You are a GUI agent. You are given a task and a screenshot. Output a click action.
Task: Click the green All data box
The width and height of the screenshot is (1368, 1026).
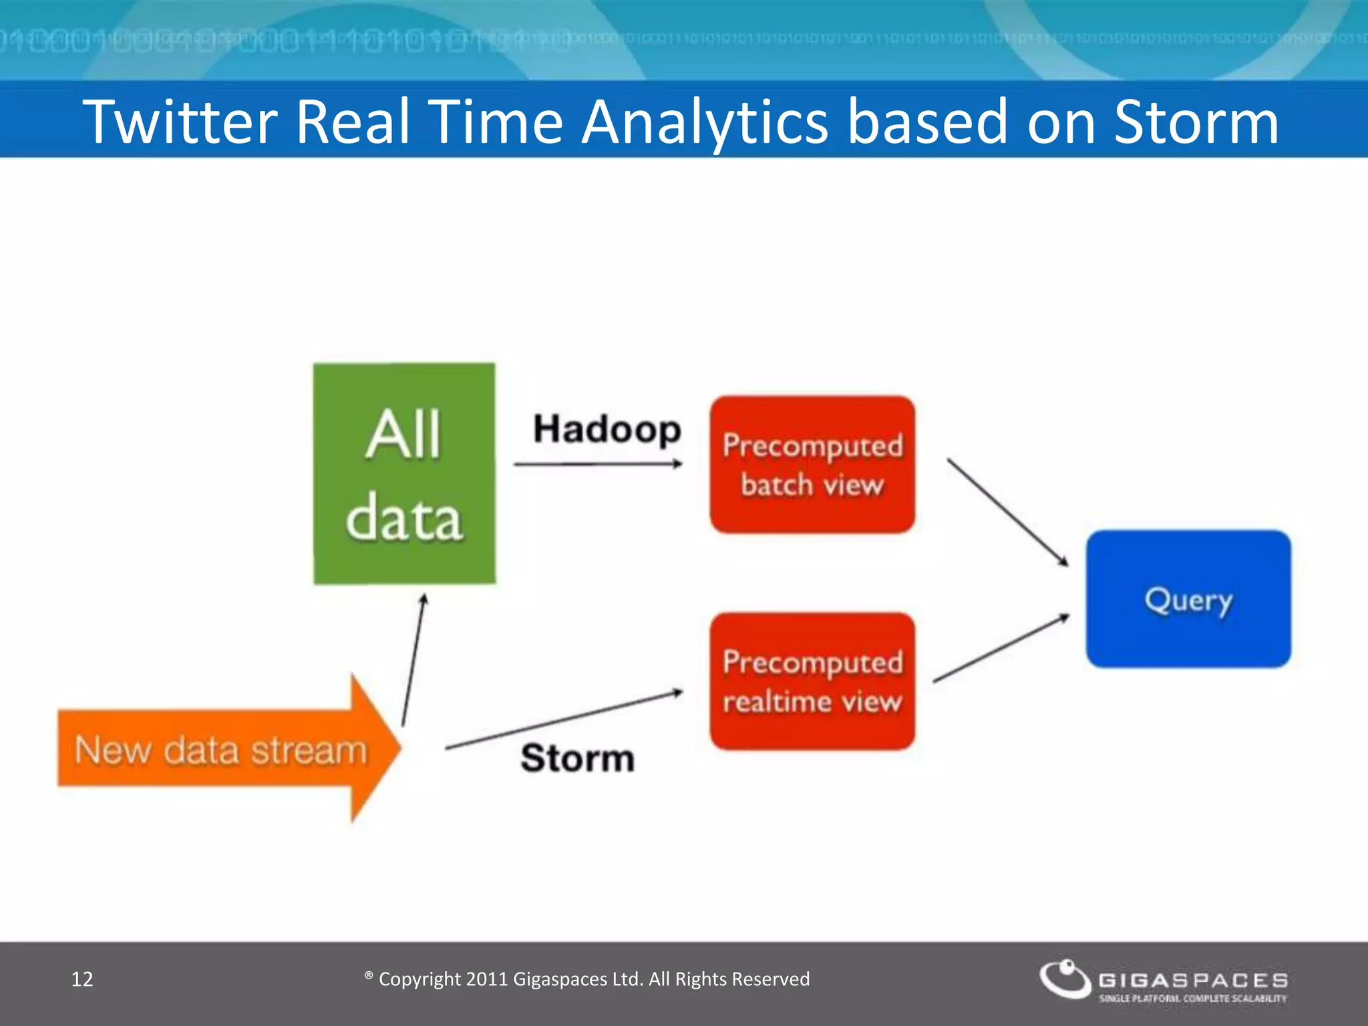404,474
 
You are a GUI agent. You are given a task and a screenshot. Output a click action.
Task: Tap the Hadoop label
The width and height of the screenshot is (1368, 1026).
607,430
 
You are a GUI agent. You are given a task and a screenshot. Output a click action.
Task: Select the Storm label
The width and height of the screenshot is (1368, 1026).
577,759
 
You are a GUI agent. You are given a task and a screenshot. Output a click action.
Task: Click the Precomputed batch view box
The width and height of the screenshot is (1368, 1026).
812,465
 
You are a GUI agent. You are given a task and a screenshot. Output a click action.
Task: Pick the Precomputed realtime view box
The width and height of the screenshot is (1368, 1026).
812,681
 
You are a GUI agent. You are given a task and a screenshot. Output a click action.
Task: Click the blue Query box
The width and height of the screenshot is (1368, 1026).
1188,599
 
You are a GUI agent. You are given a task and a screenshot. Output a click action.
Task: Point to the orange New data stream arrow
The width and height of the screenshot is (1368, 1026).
227,749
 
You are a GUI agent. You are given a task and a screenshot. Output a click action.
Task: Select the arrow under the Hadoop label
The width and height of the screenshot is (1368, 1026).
598,464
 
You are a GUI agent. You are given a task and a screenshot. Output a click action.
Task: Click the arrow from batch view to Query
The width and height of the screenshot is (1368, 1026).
1007,512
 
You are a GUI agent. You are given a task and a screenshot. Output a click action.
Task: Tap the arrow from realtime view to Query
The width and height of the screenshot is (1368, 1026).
1001,648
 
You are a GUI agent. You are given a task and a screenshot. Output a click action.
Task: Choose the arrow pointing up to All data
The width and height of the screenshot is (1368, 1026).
413,660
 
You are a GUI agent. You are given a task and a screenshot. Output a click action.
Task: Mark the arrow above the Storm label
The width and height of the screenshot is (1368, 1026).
564,720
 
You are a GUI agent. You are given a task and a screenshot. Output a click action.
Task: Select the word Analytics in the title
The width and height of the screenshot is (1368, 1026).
705,122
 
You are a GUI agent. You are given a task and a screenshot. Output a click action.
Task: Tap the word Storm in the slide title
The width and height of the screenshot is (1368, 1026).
1196,122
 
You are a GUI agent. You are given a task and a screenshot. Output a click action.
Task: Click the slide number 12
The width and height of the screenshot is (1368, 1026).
82,979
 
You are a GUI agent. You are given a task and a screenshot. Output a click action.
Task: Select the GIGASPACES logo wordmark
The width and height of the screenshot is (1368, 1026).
1193,980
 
